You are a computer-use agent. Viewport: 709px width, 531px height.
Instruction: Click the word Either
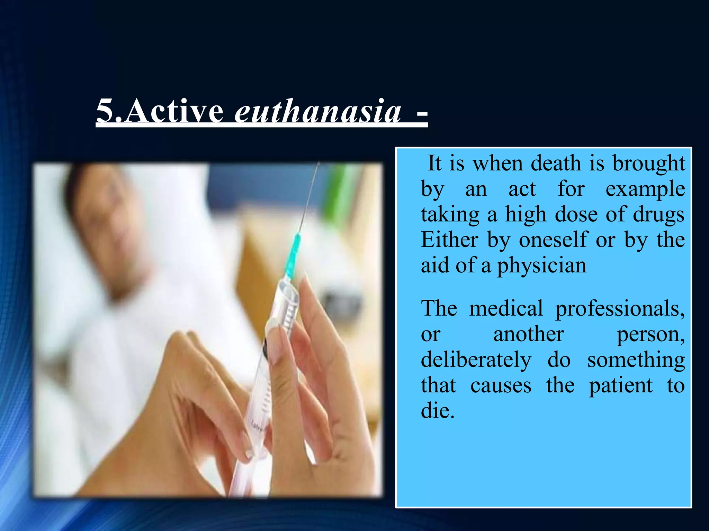pos(449,240)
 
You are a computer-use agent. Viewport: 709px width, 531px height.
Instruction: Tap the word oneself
pos(553,240)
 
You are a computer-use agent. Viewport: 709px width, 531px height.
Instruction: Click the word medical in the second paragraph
pos(506,308)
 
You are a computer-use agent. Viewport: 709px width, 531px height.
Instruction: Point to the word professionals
pos(620,309)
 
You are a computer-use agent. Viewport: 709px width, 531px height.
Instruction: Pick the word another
pos(529,334)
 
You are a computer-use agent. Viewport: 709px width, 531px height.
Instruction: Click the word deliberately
pos(476,360)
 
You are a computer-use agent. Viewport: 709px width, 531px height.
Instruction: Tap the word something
pos(636,360)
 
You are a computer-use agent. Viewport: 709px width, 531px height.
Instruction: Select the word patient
pos(621,386)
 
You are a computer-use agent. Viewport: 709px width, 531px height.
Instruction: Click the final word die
pos(437,411)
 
